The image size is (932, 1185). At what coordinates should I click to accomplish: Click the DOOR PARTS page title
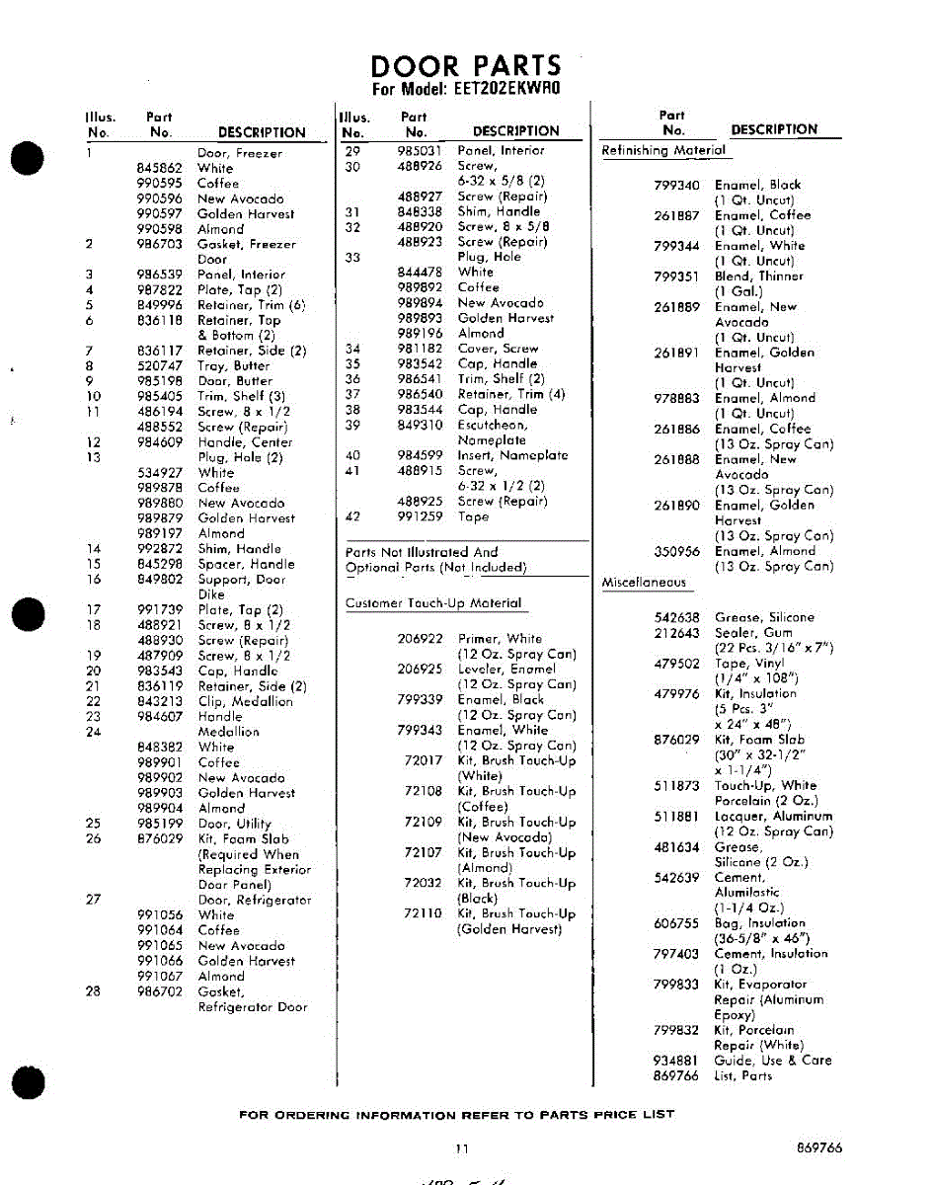pos(465,66)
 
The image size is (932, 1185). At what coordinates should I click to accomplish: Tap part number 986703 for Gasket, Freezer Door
pos(159,244)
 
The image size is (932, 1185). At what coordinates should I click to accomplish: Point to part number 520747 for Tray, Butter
pos(159,365)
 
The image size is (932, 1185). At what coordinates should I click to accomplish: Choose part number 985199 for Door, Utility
pos(159,824)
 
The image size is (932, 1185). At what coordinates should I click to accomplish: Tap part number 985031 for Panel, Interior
pos(418,151)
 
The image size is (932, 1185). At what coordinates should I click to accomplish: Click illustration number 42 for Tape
pos(352,516)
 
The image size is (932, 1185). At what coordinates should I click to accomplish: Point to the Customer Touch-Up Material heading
pos(433,603)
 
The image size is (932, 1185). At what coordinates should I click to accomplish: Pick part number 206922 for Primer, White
pos(420,639)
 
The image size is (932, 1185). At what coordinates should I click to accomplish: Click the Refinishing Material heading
pos(663,151)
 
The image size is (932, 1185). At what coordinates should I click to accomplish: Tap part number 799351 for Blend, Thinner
pos(676,276)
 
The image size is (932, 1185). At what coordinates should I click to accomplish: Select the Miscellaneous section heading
pos(644,583)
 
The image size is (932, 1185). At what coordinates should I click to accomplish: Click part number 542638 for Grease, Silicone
pos(676,618)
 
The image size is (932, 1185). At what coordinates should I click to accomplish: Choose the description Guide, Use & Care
pos(773,1061)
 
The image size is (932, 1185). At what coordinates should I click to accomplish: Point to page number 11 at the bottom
pos(462,1148)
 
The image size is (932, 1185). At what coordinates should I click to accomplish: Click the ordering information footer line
pos(457,1115)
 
